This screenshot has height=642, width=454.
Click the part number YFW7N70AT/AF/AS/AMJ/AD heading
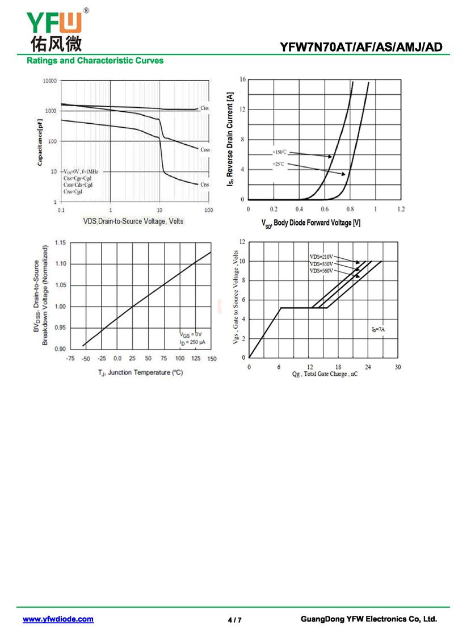point(360,48)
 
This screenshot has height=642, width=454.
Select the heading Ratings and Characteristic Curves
point(95,60)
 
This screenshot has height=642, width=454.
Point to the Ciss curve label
point(204,108)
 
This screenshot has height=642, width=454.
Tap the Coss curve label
point(205,149)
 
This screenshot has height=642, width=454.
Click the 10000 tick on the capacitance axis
point(50,81)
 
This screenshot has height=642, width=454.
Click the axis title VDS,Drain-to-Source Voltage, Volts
point(133,221)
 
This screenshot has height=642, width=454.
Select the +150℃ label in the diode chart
point(280,152)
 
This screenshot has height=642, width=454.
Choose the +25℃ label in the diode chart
point(278,164)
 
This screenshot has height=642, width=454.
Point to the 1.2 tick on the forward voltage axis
point(401,209)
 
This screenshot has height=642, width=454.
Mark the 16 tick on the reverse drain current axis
point(242,79)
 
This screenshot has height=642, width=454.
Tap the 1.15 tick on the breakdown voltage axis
point(60,243)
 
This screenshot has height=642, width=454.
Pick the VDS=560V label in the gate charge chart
point(321,271)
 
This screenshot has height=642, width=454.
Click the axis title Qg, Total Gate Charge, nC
point(325,375)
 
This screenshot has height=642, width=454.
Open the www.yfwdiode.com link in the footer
point(58,619)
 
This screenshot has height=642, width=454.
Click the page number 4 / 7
point(234,620)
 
